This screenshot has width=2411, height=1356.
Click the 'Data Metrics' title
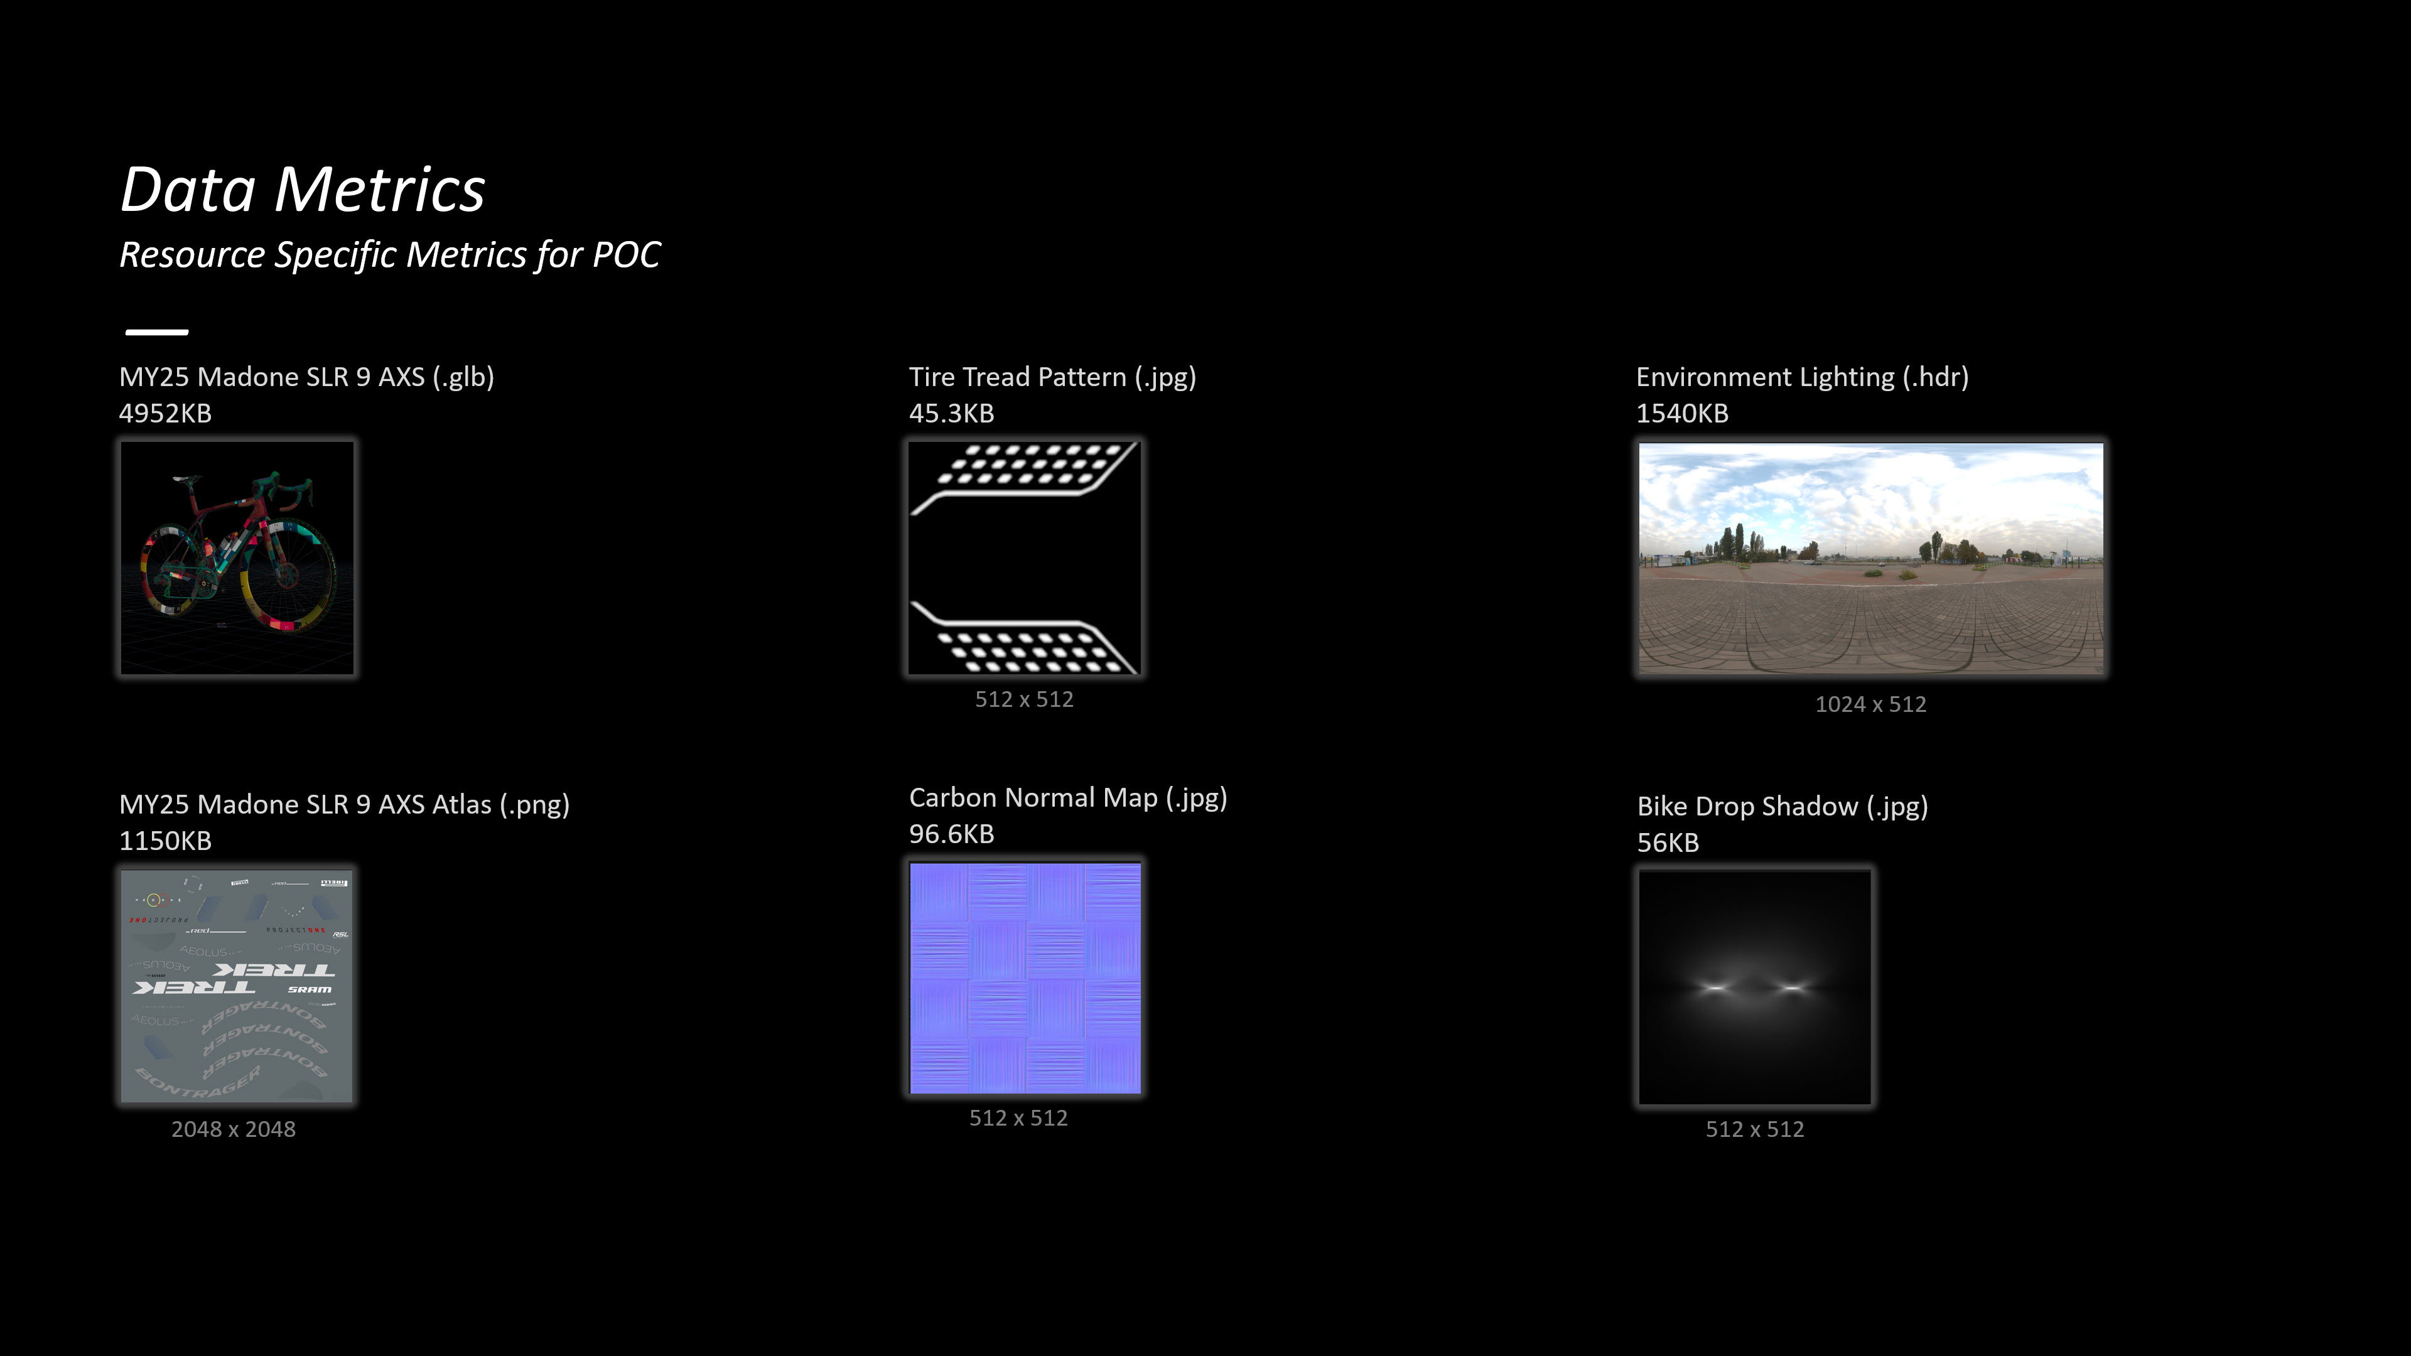tap(302, 190)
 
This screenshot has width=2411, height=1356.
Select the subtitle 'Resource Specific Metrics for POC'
tap(389, 254)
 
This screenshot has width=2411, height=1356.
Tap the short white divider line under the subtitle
tap(157, 332)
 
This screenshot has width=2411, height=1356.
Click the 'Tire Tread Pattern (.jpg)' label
tap(1052, 377)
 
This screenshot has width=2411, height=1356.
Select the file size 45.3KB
tap(951, 414)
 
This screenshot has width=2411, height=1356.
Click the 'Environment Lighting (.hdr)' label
tap(1802, 377)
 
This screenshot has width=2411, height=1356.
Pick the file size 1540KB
tap(1682, 414)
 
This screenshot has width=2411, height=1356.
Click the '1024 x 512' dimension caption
tap(1870, 704)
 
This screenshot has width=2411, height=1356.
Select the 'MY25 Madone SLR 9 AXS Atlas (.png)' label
tap(343, 805)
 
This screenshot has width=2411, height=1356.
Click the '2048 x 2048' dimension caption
tap(233, 1129)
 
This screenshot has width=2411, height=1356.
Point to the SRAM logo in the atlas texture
tap(310, 989)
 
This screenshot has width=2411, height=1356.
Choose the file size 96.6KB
tap(951, 834)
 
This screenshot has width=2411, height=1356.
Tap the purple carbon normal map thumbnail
tap(1025, 978)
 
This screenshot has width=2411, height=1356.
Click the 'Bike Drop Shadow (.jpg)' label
tap(1782, 807)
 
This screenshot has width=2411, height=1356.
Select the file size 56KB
tap(1668, 843)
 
